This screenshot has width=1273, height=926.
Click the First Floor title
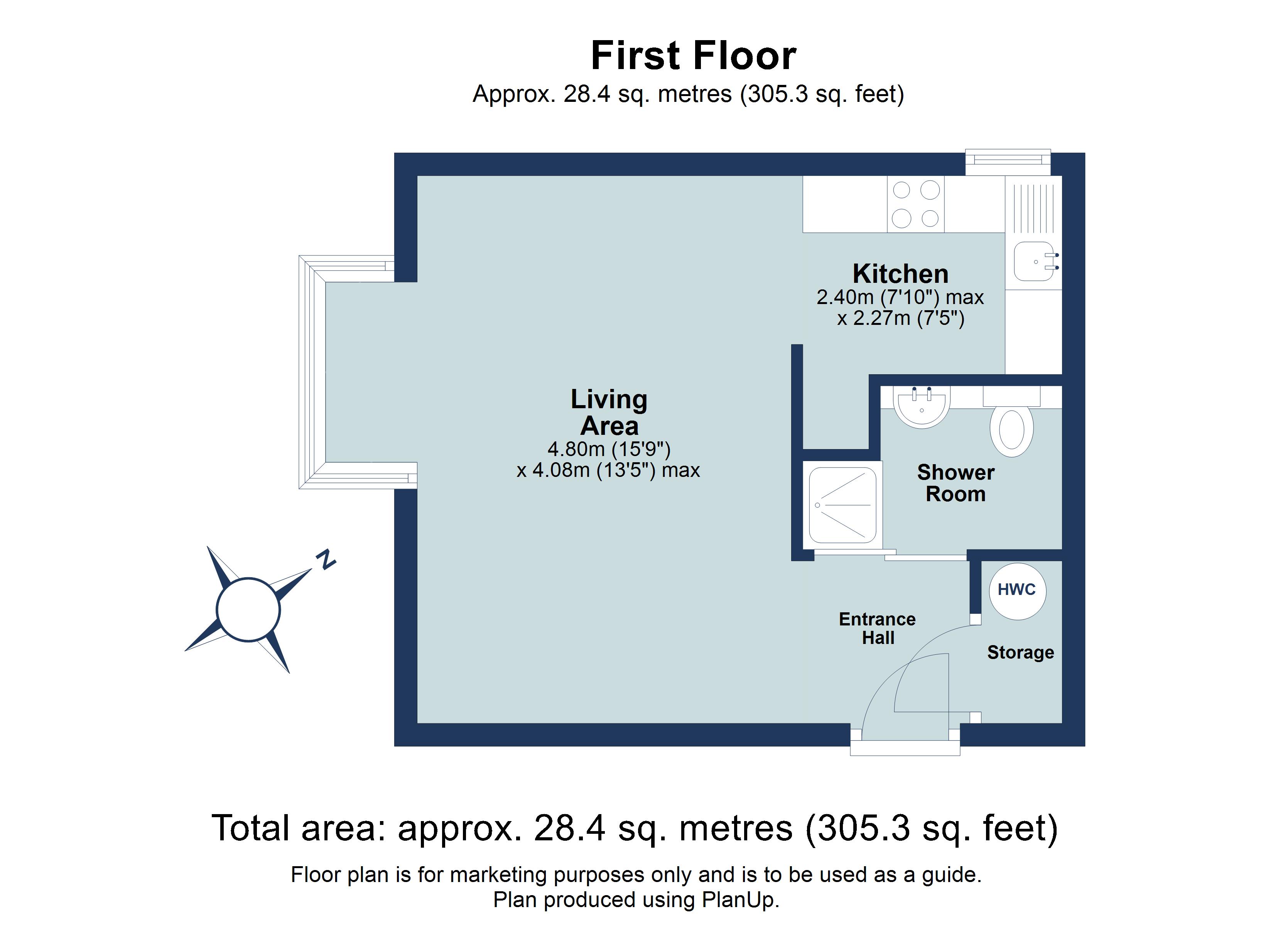pyautogui.click(x=693, y=56)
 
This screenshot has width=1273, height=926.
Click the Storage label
pyautogui.click(x=1020, y=652)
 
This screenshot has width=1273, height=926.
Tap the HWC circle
pyautogui.click(x=1017, y=590)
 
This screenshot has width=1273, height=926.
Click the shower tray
pyautogui.click(x=842, y=505)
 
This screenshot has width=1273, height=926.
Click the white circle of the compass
pyautogui.click(x=248, y=609)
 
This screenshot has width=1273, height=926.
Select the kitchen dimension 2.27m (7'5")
pyautogui.click(x=900, y=318)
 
